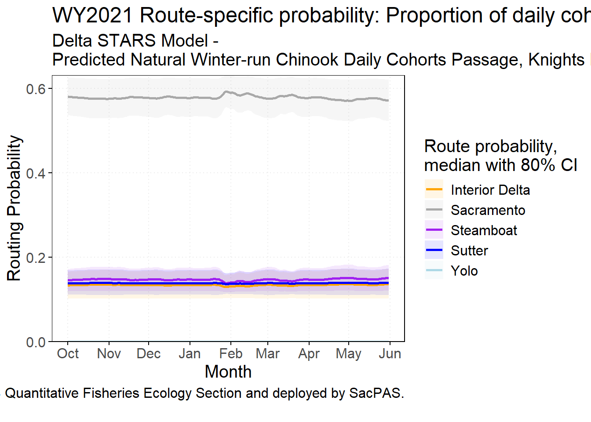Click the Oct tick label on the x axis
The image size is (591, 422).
pos(68,353)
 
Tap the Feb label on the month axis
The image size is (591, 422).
pos(231,353)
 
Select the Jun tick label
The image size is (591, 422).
pos(390,353)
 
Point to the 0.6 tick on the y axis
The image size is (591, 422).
pos(36,89)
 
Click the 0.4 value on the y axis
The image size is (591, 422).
pos(36,173)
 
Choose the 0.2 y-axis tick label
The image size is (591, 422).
pos(36,258)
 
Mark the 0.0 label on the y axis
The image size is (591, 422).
pos(36,342)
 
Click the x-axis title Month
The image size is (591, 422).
pos(228,372)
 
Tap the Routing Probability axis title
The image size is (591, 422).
pos(14,208)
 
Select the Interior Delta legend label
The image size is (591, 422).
pos(490,190)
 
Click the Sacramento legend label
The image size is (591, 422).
pos(488,210)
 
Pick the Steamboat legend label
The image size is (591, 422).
pos(484,230)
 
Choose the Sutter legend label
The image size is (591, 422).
pos(469,251)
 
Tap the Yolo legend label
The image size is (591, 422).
pos(464,271)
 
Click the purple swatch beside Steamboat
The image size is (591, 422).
pos(434,230)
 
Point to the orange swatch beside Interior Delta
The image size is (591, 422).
pos(434,190)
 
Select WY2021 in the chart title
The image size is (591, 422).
pos(92,16)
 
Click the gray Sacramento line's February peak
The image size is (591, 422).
pos(226,91)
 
